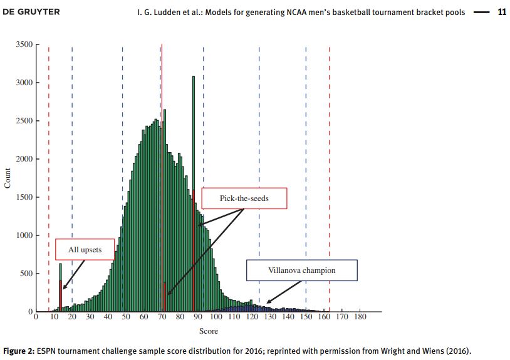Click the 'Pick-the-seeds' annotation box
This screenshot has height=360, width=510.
(244, 198)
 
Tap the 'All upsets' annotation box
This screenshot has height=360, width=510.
(85, 249)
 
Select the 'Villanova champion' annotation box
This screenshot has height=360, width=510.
(301, 270)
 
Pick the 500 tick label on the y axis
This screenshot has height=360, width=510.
(27, 274)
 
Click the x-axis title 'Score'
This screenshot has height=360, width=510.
(209, 331)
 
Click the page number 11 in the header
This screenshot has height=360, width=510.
(501, 12)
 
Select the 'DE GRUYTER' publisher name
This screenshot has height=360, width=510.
(31, 12)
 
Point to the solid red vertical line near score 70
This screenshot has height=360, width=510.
(162, 94)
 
